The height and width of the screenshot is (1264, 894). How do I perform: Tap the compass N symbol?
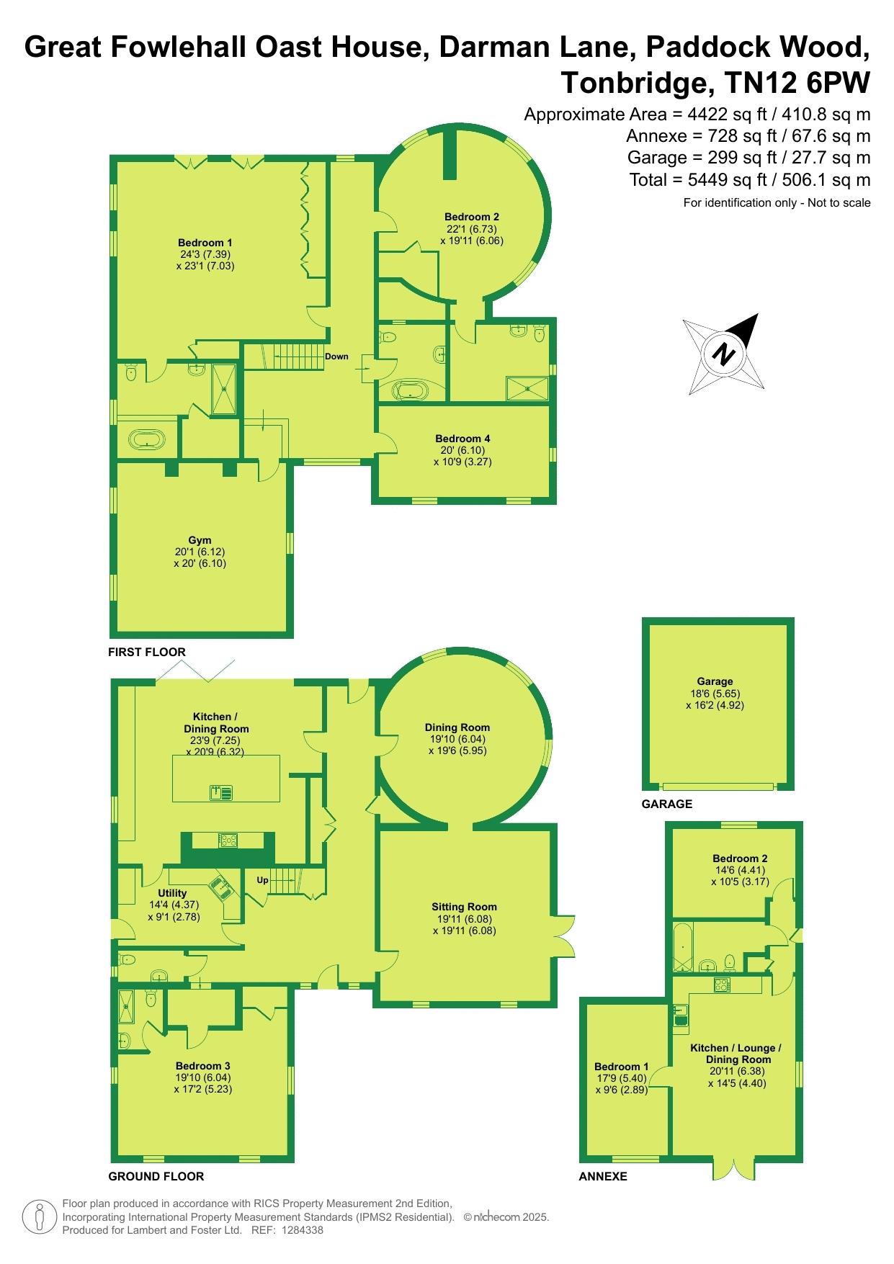click(x=724, y=354)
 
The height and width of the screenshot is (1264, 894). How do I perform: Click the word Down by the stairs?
click(x=336, y=357)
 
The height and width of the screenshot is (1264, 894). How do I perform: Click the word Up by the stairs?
click(x=263, y=880)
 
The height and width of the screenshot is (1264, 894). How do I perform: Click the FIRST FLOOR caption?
click(x=147, y=652)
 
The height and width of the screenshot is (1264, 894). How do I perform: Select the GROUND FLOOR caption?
click(x=156, y=1176)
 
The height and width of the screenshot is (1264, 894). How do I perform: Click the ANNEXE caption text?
click(x=603, y=1176)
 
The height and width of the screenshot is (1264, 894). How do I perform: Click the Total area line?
click(x=750, y=179)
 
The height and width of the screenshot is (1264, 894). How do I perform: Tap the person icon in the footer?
click(x=40, y=1216)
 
